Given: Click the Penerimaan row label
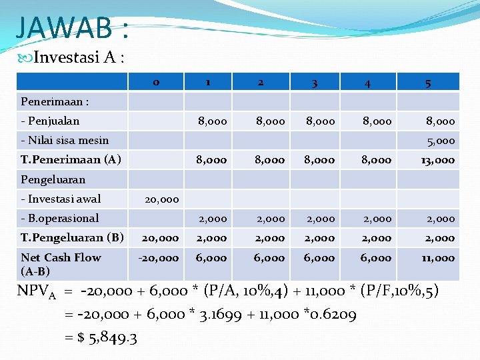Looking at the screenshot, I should tap(55, 102).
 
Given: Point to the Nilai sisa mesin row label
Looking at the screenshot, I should tap(65, 140).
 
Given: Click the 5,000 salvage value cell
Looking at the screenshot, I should tap(441, 141).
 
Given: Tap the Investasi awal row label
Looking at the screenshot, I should tap(61, 199).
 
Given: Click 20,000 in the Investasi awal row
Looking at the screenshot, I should tap(162, 199).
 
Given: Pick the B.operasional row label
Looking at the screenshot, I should tap(60, 218).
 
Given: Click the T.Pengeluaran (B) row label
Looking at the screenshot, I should tap(73, 237).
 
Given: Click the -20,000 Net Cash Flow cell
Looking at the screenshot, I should tap(160, 257).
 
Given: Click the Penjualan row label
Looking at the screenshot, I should tap(50, 121).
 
